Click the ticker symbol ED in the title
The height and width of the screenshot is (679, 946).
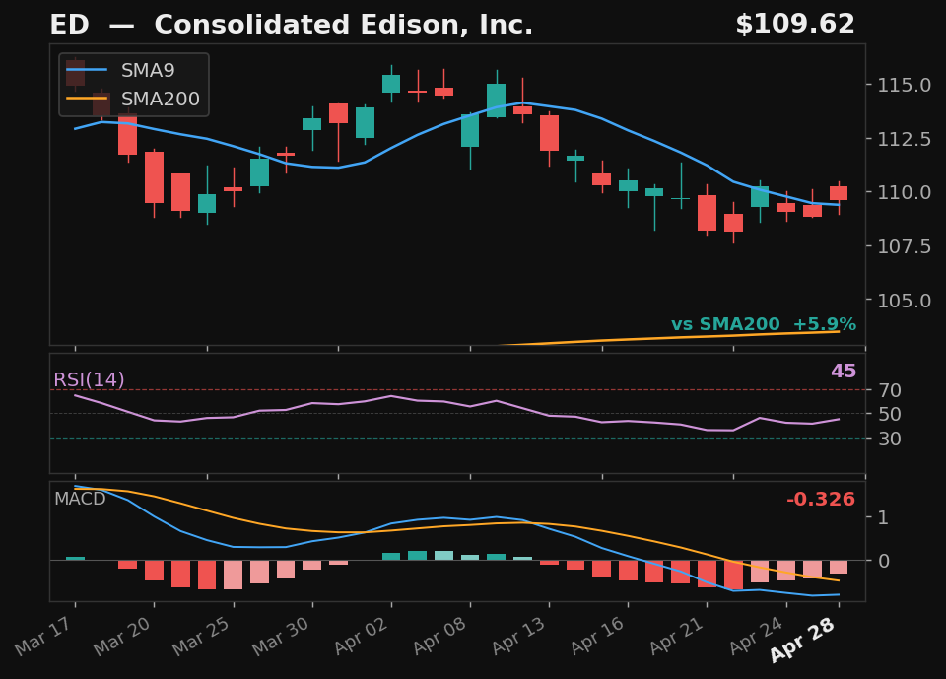pos(69,26)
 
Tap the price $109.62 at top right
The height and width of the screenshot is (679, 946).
pos(794,26)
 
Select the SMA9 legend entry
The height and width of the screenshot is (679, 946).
pos(148,71)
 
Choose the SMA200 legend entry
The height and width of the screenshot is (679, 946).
pos(160,100)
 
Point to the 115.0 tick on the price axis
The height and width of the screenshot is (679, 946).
pos(904,85)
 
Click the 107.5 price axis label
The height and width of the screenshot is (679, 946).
pos(904,246)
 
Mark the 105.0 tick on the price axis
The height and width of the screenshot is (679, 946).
pos(904,301)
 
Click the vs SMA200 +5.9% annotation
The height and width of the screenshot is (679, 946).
pos(763,325)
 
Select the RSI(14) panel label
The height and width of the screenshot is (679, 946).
pos(89,380)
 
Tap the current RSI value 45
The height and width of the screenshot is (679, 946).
pos(843,373)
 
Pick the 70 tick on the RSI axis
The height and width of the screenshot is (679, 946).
pos(891,390)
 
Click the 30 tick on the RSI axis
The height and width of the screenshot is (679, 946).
pos(891,439)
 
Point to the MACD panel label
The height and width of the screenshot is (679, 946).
pos(80,500)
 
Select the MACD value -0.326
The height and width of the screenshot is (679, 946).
pos(820,501)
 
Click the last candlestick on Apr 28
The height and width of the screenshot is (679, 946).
pos(839,193)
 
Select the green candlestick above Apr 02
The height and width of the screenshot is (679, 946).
pos(391,84)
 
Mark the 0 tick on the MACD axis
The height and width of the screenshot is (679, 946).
pos(883,561)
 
